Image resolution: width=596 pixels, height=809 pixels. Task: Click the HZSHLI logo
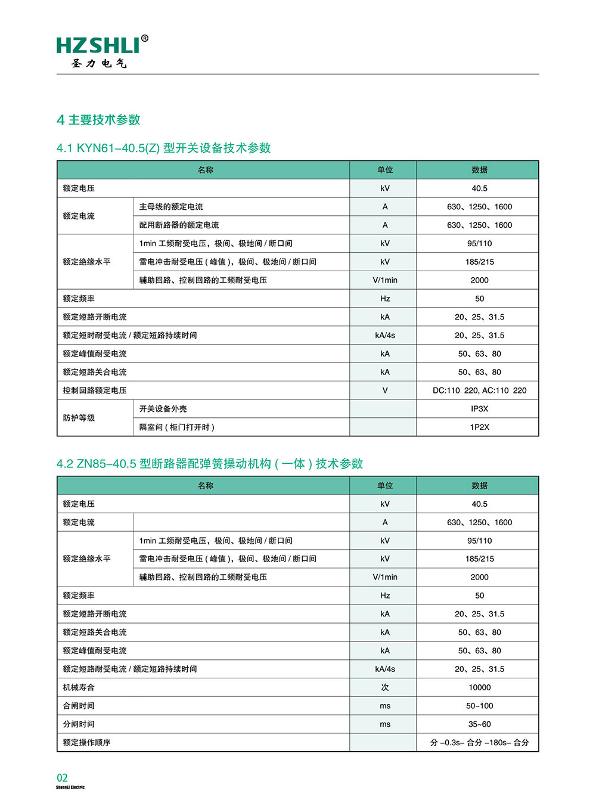pyautogui.click(x=98, y=47)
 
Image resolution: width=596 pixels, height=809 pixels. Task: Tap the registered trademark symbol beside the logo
pyautogui.click(x=144, y=39)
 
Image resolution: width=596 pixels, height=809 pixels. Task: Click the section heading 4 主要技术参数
pyautogui.click(x=98, y=120)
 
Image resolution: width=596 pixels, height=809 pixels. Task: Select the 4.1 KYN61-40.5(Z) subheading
pyautogui.click(x=163, y=148)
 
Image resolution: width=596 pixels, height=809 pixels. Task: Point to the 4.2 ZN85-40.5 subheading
pyautogui.click(x=209, y=463)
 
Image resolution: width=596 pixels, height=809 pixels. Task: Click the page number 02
pyautogui.click(x=62, y=777)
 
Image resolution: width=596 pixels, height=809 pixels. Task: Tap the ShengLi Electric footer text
pyautogui.click(x=70, y=788)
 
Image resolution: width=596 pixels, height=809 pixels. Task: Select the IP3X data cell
pyautogui.click(x=479, y=409)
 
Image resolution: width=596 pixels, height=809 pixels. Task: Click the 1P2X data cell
pyautogui.click(x=479, y=427)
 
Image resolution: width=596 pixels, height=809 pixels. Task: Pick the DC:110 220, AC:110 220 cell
pyautogui.click(x=479, y=390)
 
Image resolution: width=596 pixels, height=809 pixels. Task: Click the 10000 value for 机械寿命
pyautogui.click(x=479, y=687)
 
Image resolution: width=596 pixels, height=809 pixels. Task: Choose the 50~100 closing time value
pyautogui.click(x=479, y=706)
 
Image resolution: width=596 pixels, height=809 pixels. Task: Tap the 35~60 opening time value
pyautogui.click(x=479, y=724)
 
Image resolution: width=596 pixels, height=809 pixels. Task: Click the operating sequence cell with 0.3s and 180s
pyautogui.click(x=479, y=743)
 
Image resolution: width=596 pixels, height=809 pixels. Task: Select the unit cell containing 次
pyautogui.click(x=385, y=687)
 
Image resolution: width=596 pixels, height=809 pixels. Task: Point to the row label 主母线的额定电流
pyautogui.click(x=171, y=207)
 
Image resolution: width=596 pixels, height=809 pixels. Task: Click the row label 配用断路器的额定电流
pyautogui.click(x=179, y=225)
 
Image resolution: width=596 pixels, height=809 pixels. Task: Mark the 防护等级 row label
pyautogui.click(x=79, y=418)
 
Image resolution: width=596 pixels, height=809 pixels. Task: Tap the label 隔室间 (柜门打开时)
pyautogui.click(x=176, y=427)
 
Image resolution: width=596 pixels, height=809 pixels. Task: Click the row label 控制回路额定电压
pyautogui.click(x=95, y=390)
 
